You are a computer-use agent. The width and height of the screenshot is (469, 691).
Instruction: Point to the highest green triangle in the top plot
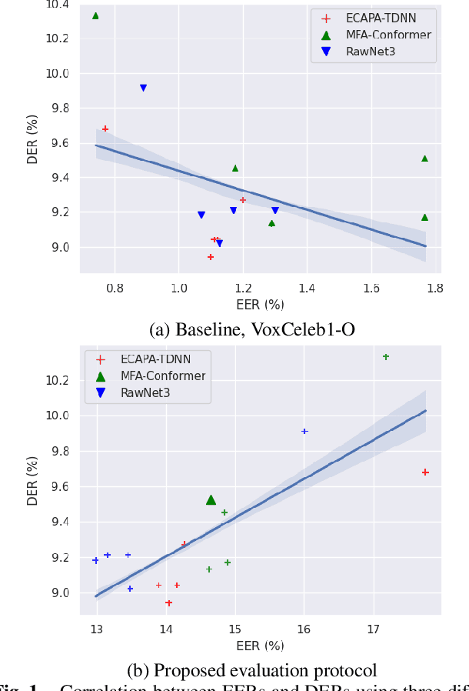pos(95,15)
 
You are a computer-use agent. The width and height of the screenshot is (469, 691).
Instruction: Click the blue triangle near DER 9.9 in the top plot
pos(143,88)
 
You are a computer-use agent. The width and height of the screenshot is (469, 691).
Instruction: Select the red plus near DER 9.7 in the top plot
pos(105,129)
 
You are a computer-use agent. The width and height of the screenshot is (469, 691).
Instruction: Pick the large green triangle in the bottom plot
pos(211,500)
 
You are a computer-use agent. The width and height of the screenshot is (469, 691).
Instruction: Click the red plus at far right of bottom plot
pos(425,472)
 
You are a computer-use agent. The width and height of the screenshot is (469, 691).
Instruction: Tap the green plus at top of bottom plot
pos(386,356)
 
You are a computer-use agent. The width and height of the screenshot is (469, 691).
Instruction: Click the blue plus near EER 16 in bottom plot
pos(304,431)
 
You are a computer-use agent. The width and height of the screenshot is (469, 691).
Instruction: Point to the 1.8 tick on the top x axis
pos(435,288)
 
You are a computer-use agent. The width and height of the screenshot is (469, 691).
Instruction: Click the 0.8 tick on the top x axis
pos(115,288)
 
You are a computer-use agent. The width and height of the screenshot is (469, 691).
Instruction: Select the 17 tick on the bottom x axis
pos(374,629)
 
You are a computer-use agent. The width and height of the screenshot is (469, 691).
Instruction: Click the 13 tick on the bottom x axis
pos(96,629)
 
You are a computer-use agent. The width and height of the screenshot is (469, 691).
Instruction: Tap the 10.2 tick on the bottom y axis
pos(58,381)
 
